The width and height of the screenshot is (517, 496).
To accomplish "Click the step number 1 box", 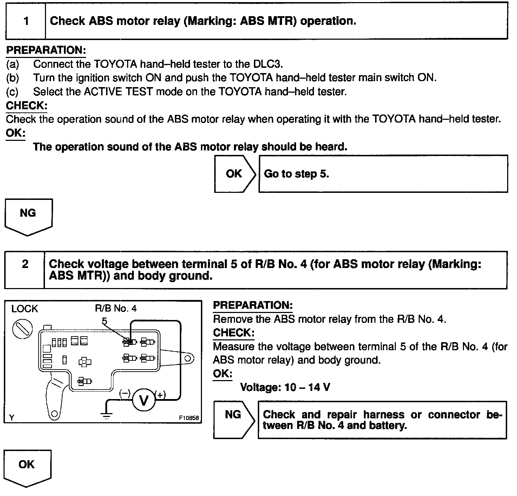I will tap(26, 21).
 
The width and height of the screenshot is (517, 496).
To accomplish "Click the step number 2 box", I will tap(25, 270).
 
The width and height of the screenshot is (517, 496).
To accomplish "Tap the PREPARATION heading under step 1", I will tap(46, 50).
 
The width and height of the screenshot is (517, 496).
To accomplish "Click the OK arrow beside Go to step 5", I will tap(234, 174).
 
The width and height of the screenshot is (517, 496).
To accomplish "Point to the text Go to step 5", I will tap(296, 174).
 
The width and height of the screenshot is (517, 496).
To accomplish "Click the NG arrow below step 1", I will tap(28, 215).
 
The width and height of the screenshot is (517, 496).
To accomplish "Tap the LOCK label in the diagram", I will tap(25, 309).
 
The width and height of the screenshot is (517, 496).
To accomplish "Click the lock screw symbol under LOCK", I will tap(22, 330).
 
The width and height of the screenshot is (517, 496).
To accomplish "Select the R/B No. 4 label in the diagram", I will tap(116, 308).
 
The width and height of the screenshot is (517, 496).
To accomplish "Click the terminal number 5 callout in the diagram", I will tap(104, 321).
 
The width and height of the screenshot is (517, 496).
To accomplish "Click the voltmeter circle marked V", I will tap(144, 400).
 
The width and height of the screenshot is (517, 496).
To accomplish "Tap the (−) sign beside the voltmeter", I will tap(125, 393).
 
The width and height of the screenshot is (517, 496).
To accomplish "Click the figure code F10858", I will tap(189, 418).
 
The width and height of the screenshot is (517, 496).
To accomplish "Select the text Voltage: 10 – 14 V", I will tap(285, 387).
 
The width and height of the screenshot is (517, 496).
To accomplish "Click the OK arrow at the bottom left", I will tap(27, 466).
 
